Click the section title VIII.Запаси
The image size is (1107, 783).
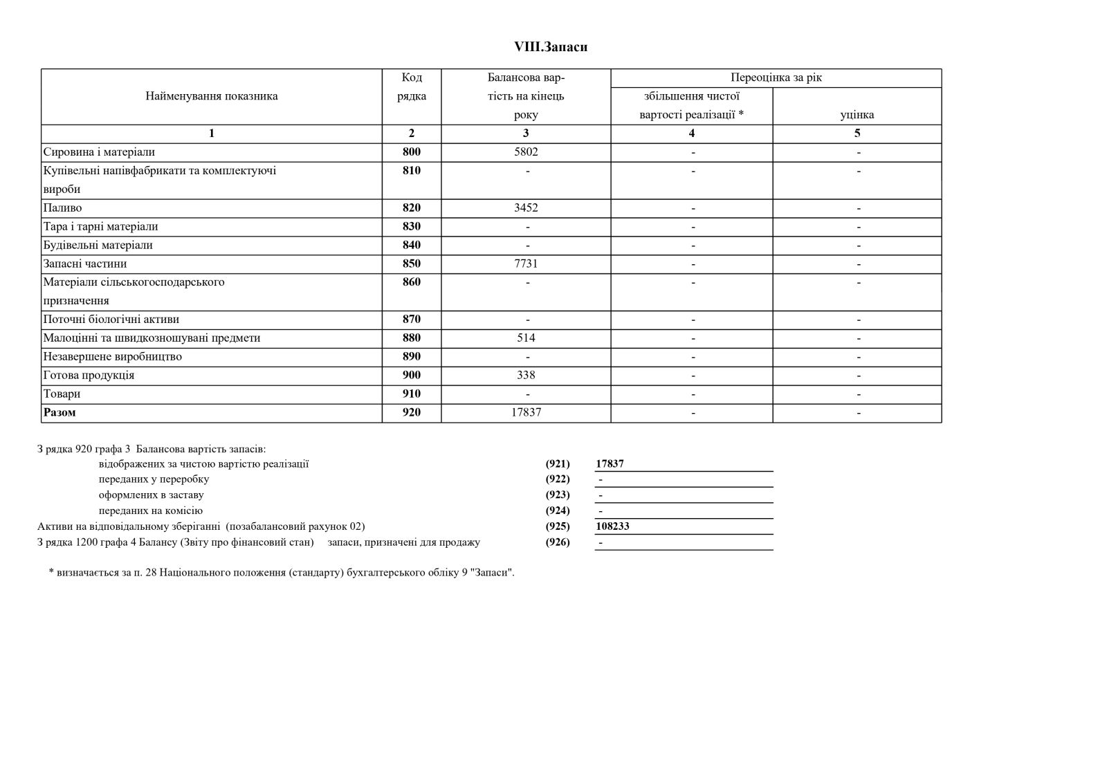pos(551,47)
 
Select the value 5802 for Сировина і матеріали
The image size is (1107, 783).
pos(526,152)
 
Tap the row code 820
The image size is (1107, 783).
pos(411,208)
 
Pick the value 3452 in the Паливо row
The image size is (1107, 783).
pos(526,208)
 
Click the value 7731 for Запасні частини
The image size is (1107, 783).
pos(526,264)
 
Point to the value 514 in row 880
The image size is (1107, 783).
pos(526,338)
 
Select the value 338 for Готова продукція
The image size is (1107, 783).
pos(526,376)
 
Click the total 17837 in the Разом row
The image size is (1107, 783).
pos(526,413)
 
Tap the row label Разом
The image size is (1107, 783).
pos(60,413)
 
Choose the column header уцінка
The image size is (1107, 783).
pos(857,115)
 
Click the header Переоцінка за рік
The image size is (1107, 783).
pos(776,78)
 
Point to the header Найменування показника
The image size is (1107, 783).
pos(211,96)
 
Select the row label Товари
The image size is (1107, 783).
pos(62,394)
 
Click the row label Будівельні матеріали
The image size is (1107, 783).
pos(98,246)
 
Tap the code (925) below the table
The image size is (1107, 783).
pos(558,526)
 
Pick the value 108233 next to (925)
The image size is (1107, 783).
pos(612,526)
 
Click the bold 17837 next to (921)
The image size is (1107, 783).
pos(610,464)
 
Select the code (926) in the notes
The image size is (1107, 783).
pos(558,542)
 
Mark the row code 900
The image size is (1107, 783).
pos(411,376)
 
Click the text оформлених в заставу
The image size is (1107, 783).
pos(151,495)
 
